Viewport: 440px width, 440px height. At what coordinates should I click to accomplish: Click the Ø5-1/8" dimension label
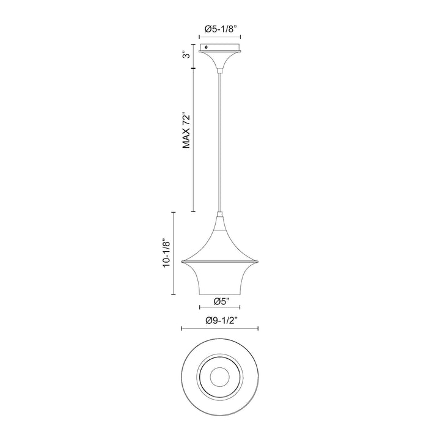(219, 29)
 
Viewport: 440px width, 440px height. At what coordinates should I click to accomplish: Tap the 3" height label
(186, 54)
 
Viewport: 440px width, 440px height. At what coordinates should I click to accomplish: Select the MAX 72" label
(186, 131)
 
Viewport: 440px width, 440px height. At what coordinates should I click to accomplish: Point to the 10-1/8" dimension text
(167, 254)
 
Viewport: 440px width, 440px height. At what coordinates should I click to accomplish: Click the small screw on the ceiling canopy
(207, 47)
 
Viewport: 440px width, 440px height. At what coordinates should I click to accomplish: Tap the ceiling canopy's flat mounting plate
(220, 48)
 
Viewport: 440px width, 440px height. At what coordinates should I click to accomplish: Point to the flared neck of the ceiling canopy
(220, 60)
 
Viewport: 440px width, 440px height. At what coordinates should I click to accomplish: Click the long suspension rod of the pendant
(220, 142)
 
